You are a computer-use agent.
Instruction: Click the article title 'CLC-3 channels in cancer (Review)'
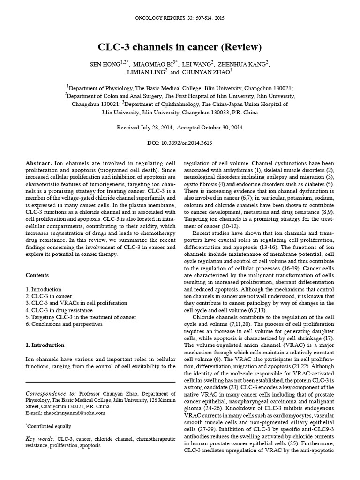click(x=180, y=47)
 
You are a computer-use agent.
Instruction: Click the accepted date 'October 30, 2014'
click(x=220, y=127)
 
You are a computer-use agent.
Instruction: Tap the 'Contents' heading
click(x=37, y=275)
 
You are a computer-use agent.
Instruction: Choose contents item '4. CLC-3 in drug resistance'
click(x=59, y=310)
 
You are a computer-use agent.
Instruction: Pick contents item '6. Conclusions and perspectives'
click(x=65, y=324)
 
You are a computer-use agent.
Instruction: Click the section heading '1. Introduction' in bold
click(x=45, y=345)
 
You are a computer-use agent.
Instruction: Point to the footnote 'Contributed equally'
click(x=50, y=427)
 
